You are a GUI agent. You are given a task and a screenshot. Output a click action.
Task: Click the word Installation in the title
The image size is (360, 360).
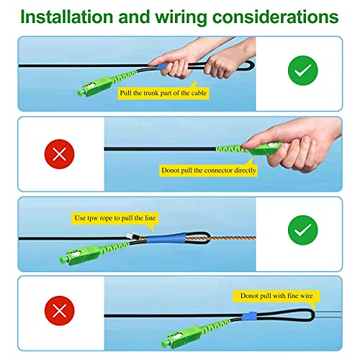coord(67,17)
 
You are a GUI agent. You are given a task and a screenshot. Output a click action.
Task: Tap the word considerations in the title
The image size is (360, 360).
coord(276,17)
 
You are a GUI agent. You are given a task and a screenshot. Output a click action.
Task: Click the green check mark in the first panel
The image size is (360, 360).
coord(303,71)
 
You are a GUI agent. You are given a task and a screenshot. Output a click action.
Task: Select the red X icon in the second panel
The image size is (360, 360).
coord(59,154)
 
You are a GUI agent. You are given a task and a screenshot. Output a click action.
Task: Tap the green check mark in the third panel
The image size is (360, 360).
coord(303,230)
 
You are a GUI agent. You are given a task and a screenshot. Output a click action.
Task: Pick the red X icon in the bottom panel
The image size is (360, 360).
coord(59,311)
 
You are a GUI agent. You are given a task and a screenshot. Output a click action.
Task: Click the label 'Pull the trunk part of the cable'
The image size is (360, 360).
coord(163,93)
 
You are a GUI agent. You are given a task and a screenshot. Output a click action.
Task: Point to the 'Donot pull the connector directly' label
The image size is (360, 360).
coord(208,171)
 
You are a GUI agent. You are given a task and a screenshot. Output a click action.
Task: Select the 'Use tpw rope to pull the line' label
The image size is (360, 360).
coord(115,218)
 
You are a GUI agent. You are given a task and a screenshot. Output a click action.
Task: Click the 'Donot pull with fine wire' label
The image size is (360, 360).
coord(276,296)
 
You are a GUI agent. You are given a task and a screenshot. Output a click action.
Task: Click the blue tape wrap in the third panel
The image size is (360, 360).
coord(166,238)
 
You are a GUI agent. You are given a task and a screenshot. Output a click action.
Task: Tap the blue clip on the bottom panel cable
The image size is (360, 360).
coord(249,316)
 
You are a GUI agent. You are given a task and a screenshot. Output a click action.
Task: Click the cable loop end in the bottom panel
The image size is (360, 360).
coord(312,315)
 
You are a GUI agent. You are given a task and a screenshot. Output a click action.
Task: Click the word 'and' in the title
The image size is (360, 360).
coord(134,17)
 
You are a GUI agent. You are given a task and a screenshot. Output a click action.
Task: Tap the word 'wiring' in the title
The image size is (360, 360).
coord(181,18)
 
